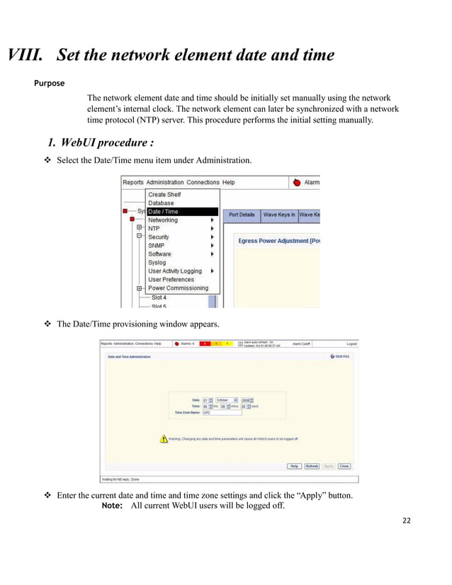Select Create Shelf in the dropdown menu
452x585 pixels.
164,195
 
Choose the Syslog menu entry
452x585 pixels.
157,263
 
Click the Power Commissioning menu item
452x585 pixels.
178,288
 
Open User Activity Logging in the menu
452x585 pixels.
175,271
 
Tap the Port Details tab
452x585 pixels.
242,215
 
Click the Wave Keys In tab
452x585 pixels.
279,215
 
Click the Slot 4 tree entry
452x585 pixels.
159,298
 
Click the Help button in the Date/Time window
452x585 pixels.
294,466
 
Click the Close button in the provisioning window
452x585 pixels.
344,466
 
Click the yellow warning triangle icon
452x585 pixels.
164,439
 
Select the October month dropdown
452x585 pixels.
227,400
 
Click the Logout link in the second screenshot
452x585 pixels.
351,343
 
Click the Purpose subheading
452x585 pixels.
50,83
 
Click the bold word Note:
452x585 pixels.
113,506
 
